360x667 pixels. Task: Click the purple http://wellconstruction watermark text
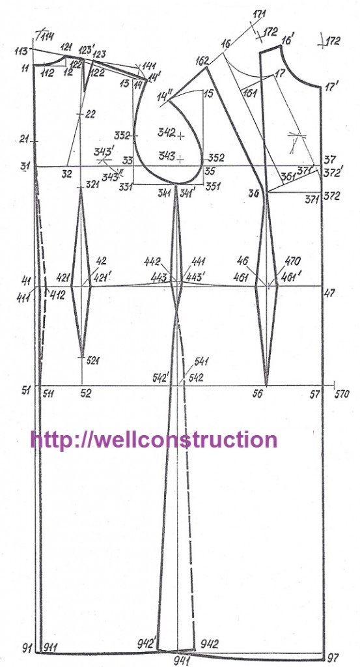click(154, 439)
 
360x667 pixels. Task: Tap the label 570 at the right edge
click(342, 394)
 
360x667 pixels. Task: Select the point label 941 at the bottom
click(183, 660)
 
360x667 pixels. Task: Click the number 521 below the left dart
click(93, 361)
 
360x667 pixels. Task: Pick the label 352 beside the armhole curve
click(216, 158)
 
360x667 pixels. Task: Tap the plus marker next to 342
click(182, 136)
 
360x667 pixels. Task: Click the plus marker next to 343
click(182, 160)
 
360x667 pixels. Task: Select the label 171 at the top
click(259, 14)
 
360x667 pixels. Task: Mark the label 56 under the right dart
click(258, 394)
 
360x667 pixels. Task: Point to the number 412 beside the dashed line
click(57, 295)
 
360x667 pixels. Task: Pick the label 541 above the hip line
click(201, 362)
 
